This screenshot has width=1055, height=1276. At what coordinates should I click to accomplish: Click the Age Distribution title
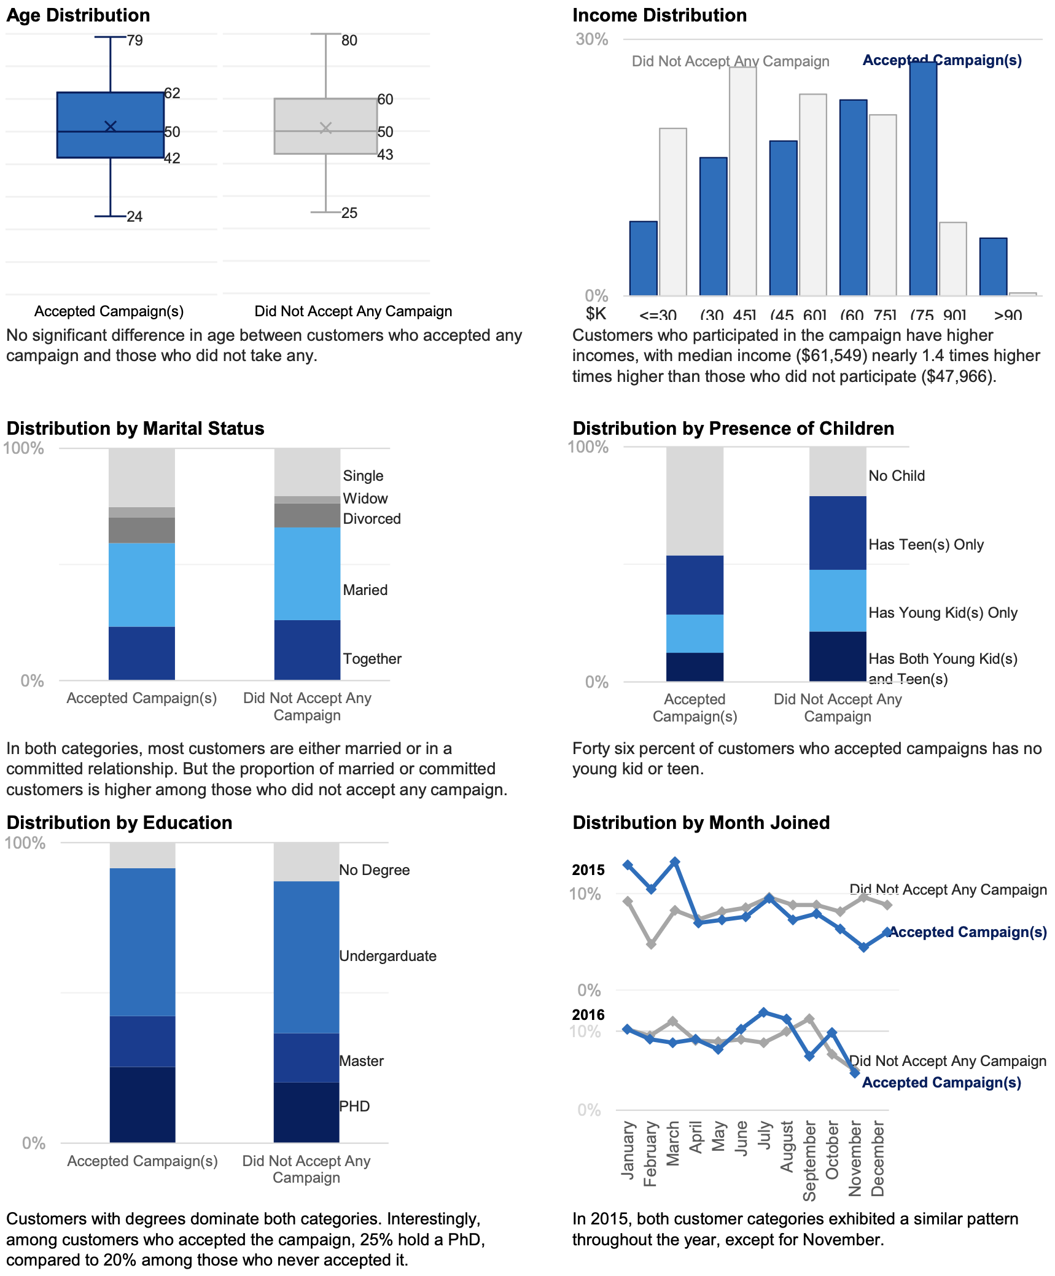pyautogui.click(x=78, y=15)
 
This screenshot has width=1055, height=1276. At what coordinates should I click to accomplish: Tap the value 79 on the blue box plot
pyautogui.click(x=135, y=41)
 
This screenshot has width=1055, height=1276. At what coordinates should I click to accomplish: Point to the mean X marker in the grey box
pyautogui.click(x=325, y=128)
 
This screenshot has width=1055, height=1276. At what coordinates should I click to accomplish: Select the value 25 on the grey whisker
pyautogui.click(x=349, y=213)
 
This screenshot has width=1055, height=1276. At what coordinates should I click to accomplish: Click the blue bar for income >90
pyautogui.click(x=993, y=266)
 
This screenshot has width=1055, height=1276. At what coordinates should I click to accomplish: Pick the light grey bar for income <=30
pyautogui.click(x=672, y=212)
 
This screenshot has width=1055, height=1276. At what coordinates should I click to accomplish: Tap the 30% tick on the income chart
pyautogui.click(x=591, y=39)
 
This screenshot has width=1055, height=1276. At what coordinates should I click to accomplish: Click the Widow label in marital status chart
pyautogui.click(x=365, y=498)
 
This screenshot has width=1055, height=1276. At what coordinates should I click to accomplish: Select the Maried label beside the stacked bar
pyautogui.click(x=365, y=590)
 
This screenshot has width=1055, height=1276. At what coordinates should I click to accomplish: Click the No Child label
pyautogui.click(x=897, y=476)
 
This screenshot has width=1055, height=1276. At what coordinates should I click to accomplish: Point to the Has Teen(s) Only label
pyautogui.click(x=926, y=545)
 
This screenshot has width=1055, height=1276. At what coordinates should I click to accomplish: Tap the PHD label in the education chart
pyautogui.click(x=354, y=1107)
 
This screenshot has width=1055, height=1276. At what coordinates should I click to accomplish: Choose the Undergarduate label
pyautogui.click(x=387, y=956)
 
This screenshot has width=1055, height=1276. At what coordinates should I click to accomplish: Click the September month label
pyautogui.click(x=809, y=1161)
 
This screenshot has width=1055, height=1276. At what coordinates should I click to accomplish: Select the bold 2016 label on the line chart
pyautogui.click(x=588, y=1015)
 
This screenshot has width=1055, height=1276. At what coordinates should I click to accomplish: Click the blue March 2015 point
pyautogui.click(x=675, y=862)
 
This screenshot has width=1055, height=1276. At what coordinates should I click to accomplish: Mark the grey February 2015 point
pyautogui.click(x=651, y=944)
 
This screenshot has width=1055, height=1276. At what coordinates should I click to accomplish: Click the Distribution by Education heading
pyautogui.click(x=119, y=823)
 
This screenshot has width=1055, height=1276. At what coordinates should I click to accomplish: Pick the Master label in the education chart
pyautogui.click(x=361, y=1061)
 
